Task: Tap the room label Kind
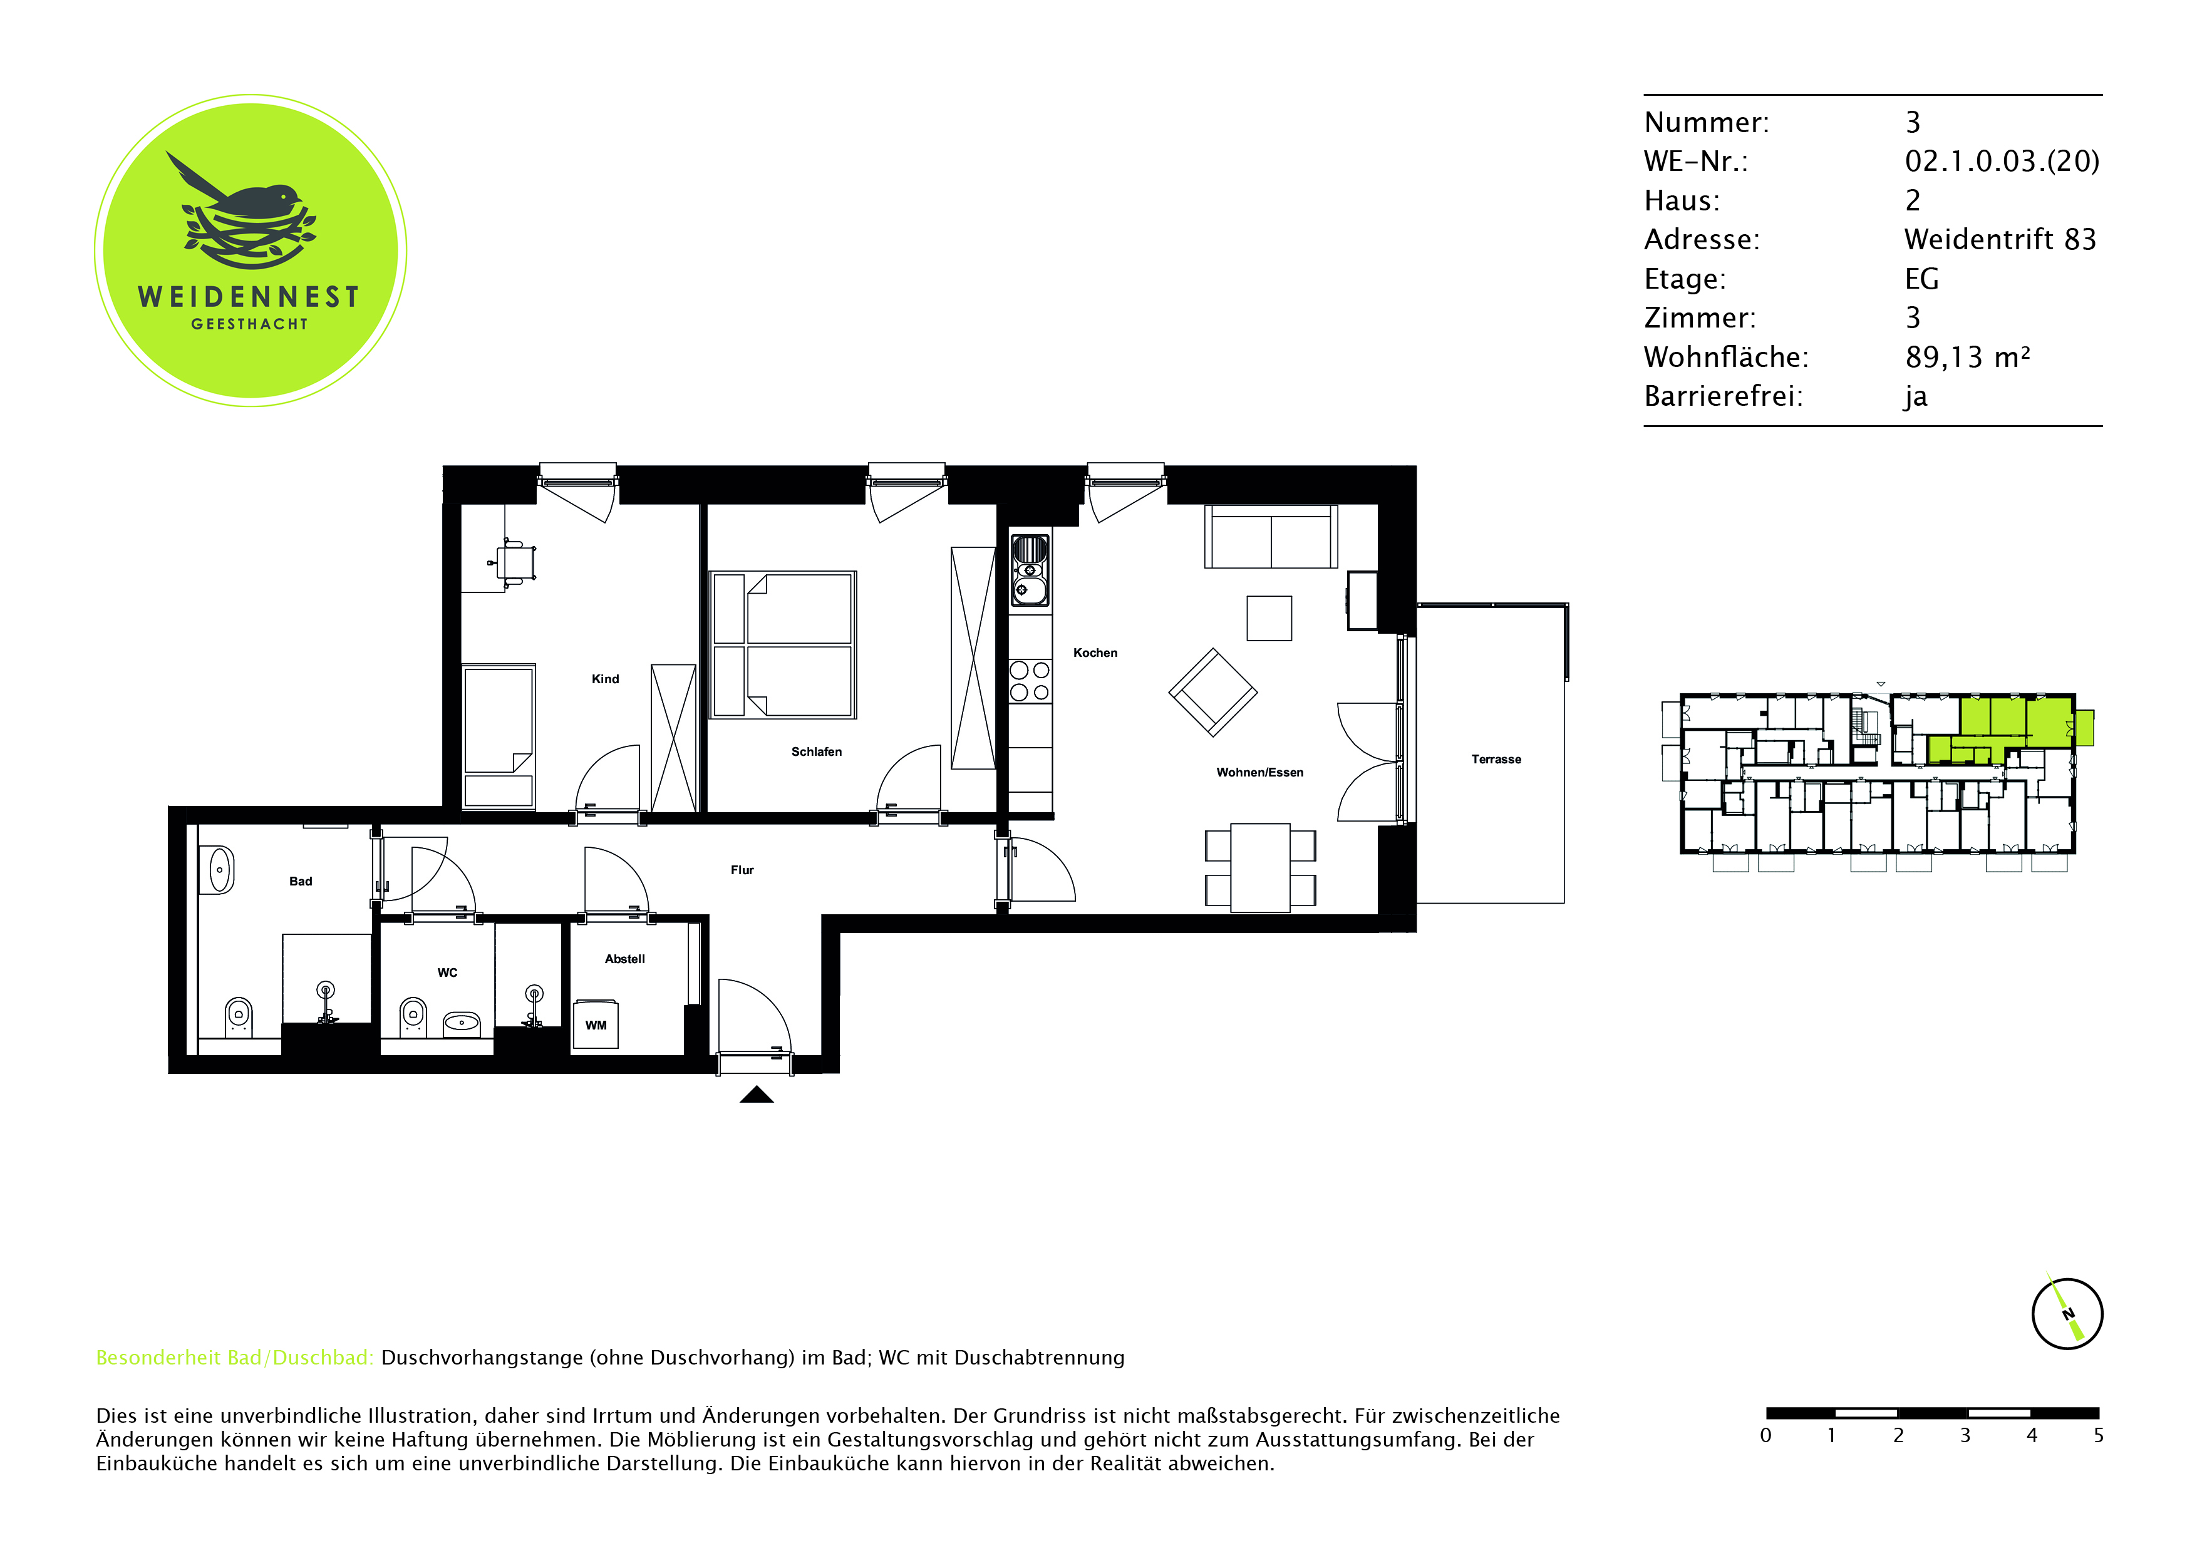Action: click(x=605, y=678)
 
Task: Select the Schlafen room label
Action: click(x=816, y=751)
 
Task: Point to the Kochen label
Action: click(x=1095, y=653)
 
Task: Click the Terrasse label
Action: click(x=1496, y=759)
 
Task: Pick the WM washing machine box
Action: click(x=595, y=1025)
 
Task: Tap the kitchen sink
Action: click(x=1030, y=570)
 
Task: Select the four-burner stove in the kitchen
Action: click(x=1030, y=681)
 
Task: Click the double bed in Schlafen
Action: click(x=783, y=645)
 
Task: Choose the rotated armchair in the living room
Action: click(x=1212, y=692)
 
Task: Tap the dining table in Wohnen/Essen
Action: click(x=1260, y=867)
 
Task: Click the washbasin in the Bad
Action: click(x=220, y=870)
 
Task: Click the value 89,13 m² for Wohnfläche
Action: click(x=1967, y=357)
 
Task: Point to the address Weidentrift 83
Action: click(x=2000, y=239)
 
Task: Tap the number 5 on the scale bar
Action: click(x=2099, y=1435)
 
